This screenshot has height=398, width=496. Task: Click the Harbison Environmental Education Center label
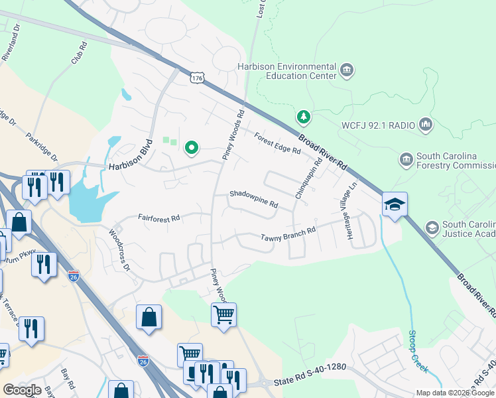tap(287, 71)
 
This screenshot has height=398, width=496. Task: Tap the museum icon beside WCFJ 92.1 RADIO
tap(426, 124)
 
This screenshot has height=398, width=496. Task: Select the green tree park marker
tap(304, 117)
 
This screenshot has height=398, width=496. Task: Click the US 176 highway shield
tap(196, 78)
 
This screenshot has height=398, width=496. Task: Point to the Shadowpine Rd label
tap(253, 199)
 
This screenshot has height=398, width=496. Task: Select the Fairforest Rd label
tap(159, 217)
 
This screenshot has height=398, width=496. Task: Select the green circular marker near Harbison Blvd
tap(192, 148)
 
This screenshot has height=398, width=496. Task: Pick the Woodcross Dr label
tap(120, 249)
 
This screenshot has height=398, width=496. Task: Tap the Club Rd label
tap(79, 54)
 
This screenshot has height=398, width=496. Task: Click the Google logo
tap(22, 390)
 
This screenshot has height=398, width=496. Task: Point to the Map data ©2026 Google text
tap(454, 393)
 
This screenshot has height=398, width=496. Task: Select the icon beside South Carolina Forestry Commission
tap(406, 160)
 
